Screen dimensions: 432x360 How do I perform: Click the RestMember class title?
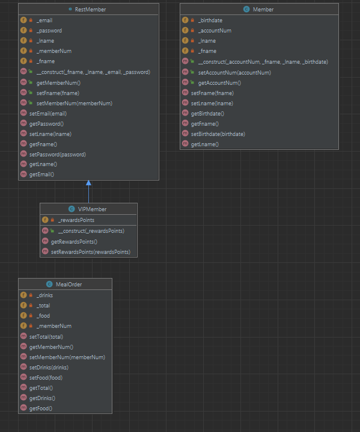(x=91, y=10)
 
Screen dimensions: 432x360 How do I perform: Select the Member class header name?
(x=263, y=10)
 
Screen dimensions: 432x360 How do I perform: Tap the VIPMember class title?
(x=92, y=209)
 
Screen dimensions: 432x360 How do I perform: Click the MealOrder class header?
(x=69, y=284)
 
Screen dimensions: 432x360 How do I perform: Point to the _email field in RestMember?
(x=45, y=20)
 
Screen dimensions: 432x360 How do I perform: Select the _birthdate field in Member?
(x=210, y=20)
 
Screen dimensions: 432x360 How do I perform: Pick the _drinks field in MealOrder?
(x=46, y=295)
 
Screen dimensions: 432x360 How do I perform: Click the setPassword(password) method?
(x=57, y=154)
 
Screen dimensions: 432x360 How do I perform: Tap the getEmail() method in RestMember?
(x=41, y=174)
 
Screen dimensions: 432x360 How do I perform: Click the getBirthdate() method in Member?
(x=207, y=113)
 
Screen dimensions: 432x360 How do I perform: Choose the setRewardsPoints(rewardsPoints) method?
(x=90, y=251)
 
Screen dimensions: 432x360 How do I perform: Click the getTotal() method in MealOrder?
(x=42, y=388)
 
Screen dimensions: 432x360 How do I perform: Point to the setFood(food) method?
(x=46, y=378)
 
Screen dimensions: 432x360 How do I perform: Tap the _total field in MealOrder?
(x=44, y=306)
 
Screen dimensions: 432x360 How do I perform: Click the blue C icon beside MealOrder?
(x=49, y=284)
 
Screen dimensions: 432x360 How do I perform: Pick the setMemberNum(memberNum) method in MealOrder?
(x=67, y=357)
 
